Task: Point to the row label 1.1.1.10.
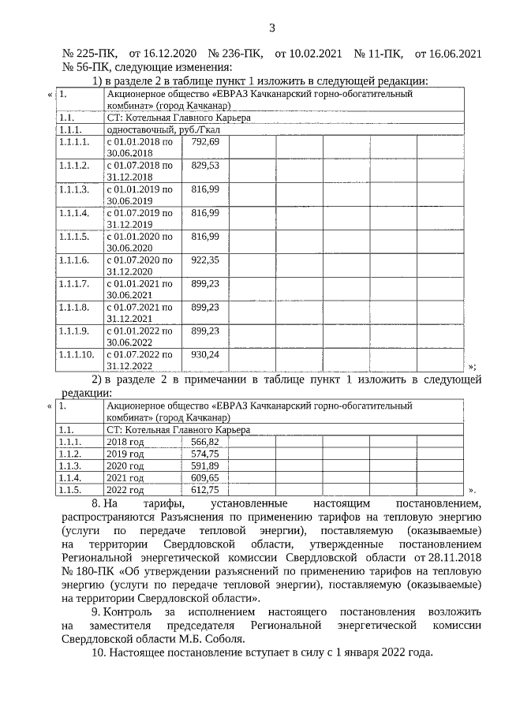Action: [x=77, y=354]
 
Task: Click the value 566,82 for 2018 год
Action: [x=204, y=443]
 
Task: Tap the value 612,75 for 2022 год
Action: [x=204, y=490]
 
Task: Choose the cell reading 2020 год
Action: [x=125, y=466]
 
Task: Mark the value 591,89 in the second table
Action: [x=204, y=466]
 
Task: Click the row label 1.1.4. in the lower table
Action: [x=70, y=478]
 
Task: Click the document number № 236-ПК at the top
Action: [x=234, y=54]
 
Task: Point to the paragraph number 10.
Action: [x=99, y=653]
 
